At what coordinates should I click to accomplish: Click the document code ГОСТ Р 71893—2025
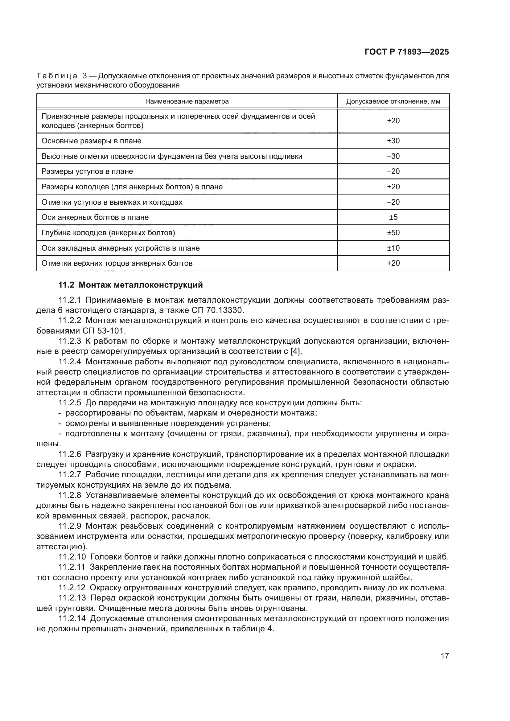click(407, 52)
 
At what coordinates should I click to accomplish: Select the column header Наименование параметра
click(187, 101)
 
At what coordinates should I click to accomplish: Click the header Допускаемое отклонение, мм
click(393, 101)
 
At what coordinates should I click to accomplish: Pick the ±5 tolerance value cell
click(393, 217)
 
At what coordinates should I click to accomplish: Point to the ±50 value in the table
click(393, 233)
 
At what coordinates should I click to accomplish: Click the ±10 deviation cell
click(393, 248)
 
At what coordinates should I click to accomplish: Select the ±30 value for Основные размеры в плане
click(393, 141)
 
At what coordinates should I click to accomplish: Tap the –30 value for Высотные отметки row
click(393, 156)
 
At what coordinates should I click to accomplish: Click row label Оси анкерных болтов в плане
click(95, 217)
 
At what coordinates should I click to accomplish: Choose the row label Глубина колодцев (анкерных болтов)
click(108, 233)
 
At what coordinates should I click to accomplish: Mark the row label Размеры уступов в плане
click(87, 171)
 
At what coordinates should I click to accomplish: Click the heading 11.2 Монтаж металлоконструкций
click(131, 285)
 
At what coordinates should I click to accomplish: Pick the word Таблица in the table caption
click(57, 76)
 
